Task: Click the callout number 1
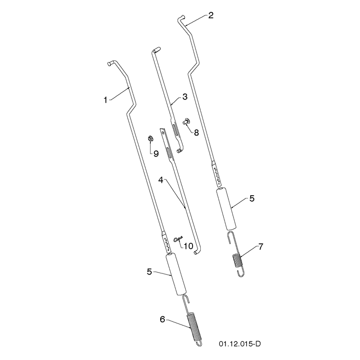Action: point(106,100)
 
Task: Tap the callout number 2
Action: point(211,15)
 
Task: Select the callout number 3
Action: point(185,97)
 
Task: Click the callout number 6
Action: point(162,319)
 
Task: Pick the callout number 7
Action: point(261,247)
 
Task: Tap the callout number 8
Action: point(196,133)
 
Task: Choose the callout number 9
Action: point(156,153)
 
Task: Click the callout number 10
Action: point(188,246)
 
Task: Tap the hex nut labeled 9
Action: point(150,139)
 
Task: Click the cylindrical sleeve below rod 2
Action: point(226,209)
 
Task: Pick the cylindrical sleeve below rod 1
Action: point(176,274)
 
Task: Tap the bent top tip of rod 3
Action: point(157,50)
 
